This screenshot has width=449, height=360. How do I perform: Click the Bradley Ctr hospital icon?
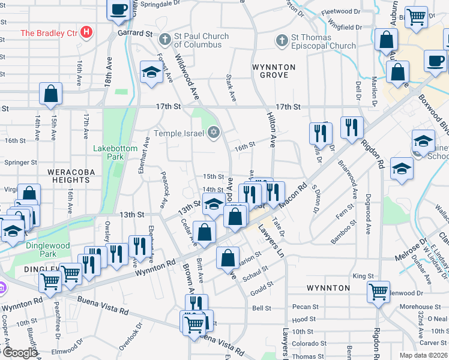pos(87,32)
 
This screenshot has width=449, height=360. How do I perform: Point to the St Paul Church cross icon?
pos(165,40)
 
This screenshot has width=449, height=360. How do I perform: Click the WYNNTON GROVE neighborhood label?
pos(274,71)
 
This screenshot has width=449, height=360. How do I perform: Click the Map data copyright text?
pos(423,355)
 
